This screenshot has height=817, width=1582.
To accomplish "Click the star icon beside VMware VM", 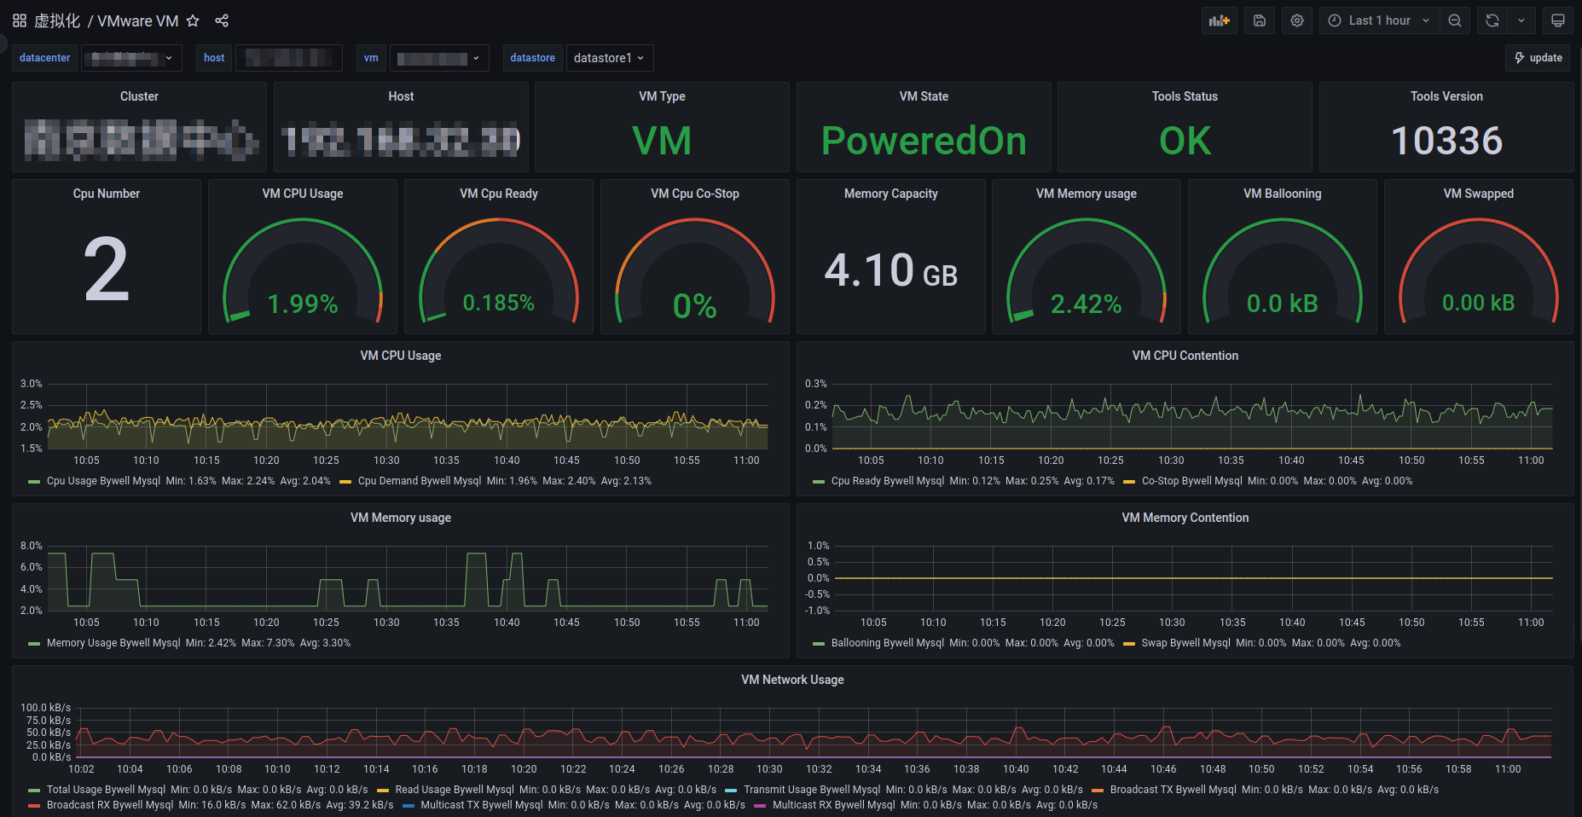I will point(193,20).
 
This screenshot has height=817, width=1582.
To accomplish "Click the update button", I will point(1538,58).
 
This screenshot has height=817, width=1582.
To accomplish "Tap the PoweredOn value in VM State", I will point(924,141).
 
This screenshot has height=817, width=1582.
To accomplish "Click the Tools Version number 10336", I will point(1446,141).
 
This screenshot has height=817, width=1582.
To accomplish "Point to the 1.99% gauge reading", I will point(303,304).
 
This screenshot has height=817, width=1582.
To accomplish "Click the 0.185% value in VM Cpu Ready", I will point(498,303).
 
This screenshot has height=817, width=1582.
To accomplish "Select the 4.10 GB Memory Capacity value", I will point(890,271).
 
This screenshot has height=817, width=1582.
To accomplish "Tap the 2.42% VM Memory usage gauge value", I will point(1086,304).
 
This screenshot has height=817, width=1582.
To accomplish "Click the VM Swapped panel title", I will point(1478,194).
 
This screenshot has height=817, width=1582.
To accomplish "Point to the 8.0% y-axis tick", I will point(32,546).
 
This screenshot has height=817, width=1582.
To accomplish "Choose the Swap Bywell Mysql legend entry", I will point(1185,643).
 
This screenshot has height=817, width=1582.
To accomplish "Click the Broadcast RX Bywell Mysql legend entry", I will point(109,805).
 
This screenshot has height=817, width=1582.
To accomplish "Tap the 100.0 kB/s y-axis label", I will point(46,708).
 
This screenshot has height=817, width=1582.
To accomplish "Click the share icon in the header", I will point(222,20).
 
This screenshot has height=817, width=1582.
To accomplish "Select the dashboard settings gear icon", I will point(1296,20).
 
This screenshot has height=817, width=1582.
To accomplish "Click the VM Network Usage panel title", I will point(792,680).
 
